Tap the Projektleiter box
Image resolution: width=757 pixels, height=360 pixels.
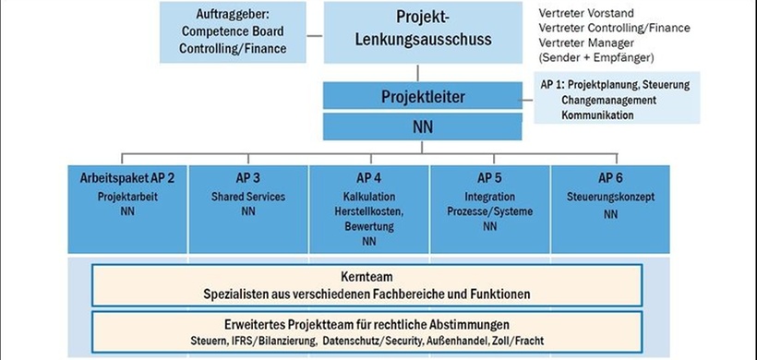coord(415,96)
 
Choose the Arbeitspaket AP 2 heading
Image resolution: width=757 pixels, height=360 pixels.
coord(127,178)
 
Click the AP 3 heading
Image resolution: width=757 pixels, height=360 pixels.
coord(247,178)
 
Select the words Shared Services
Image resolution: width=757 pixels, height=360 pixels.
coord(247,197)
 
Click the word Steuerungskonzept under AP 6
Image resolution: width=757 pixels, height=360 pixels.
coord(610,197)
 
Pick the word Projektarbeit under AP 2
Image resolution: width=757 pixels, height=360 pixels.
coord(127,197)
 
